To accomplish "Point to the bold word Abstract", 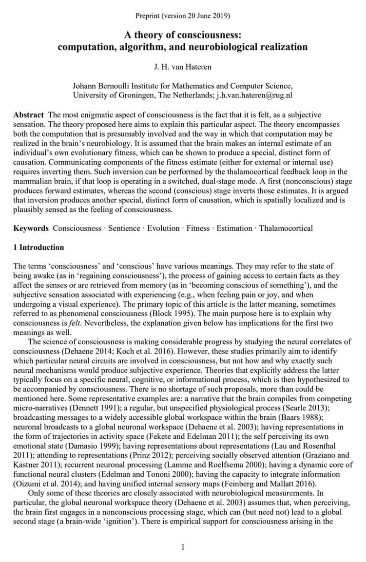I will (x=29, y=115).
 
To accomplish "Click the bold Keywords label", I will (x=31, y=228).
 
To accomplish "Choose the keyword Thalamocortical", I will (x=286, y=228).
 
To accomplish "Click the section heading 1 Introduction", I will (x=39, y=247).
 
